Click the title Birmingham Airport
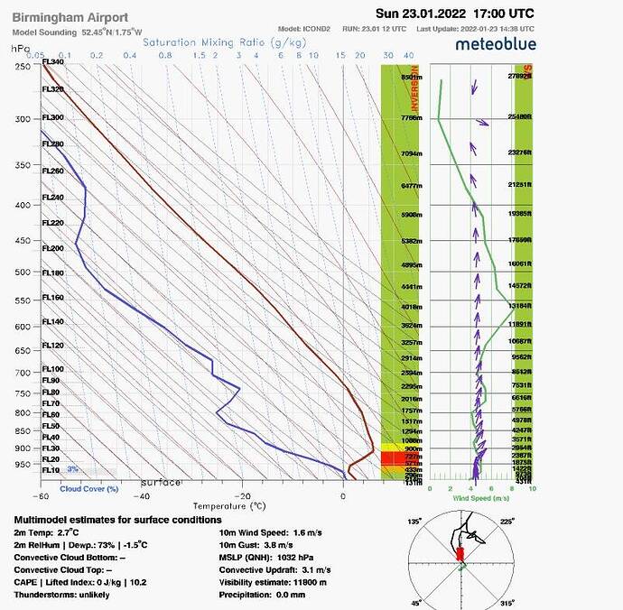point(70,17)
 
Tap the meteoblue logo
point(497,43)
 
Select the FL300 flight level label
point(53,118)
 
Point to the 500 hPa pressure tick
point(22,272)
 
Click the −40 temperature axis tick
point(143,495)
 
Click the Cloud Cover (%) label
point(89,489)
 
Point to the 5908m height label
point(412,216)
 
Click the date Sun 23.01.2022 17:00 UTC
point(454,14)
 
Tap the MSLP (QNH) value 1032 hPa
point(315,557)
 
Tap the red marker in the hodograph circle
point(460,554)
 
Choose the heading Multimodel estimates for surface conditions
point(117,520)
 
